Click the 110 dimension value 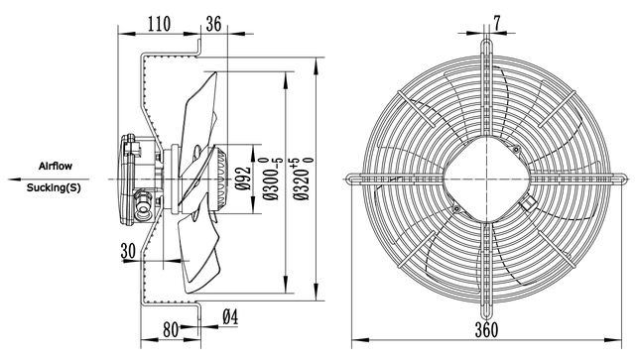click(x=159, y=24)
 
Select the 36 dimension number click(x=214, y=24)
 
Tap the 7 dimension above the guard click(x=497, y=23)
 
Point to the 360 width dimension click(x=486, y=330)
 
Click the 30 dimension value click(x=128, y=251)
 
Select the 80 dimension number click(x=171, y=330)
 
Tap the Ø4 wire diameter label click(x=230, y=317)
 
